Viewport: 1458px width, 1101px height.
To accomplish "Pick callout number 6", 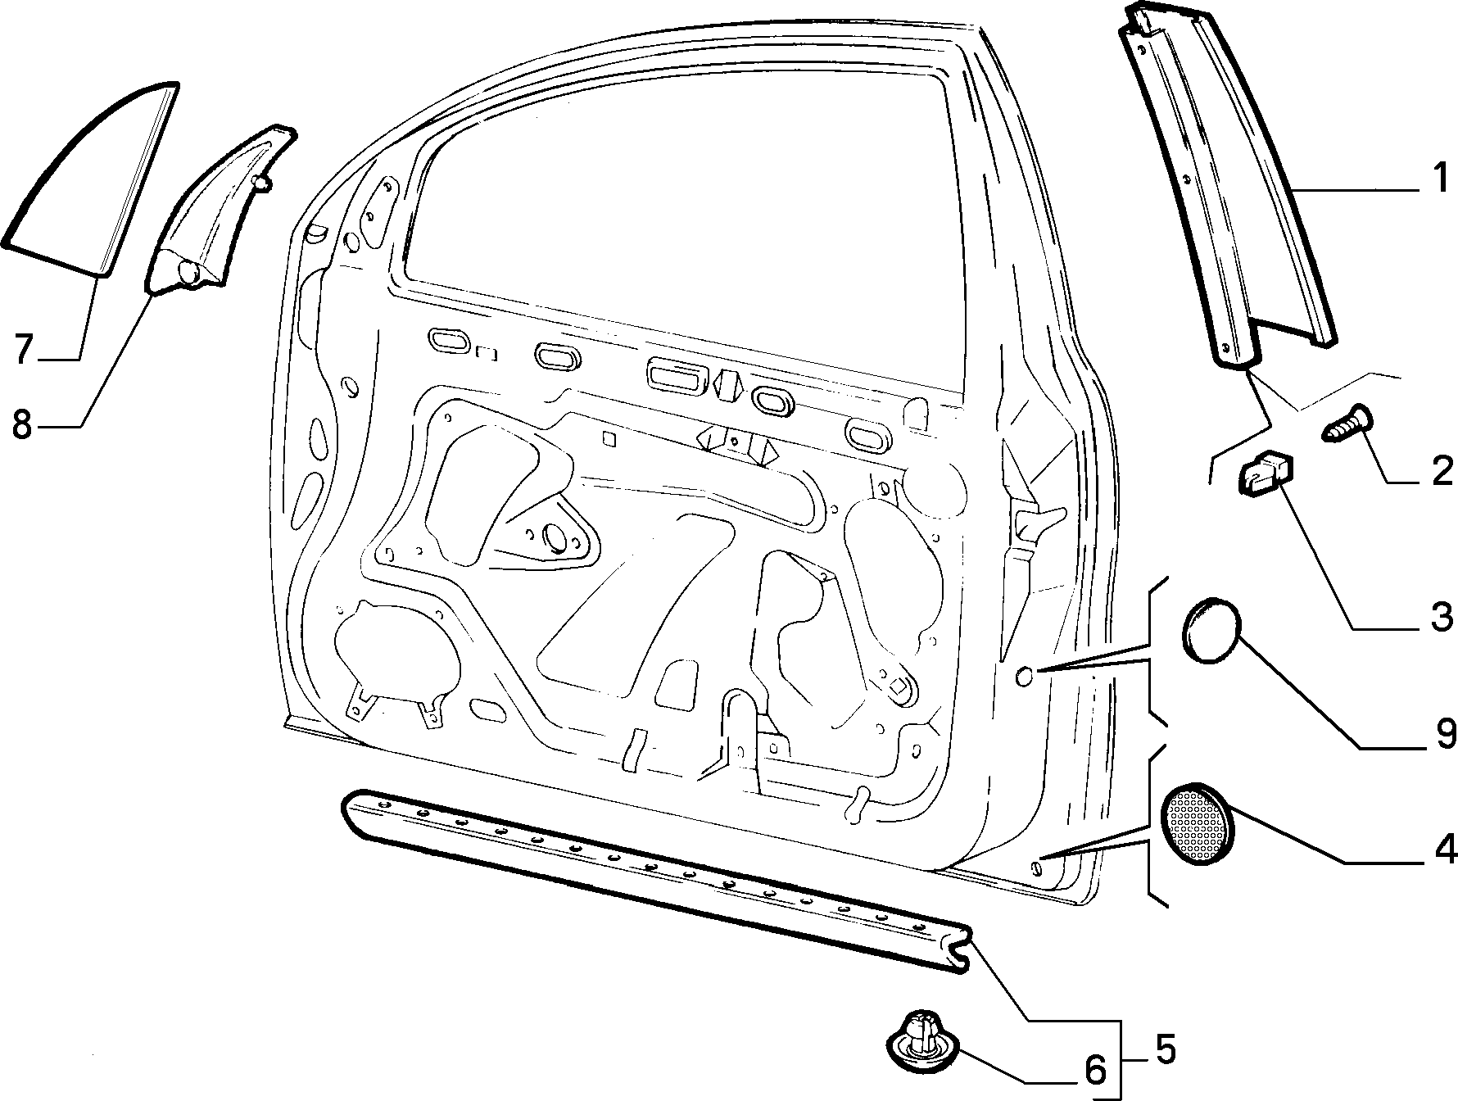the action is (1095, 1068).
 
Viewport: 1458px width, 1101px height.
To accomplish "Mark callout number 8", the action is (22, 424).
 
